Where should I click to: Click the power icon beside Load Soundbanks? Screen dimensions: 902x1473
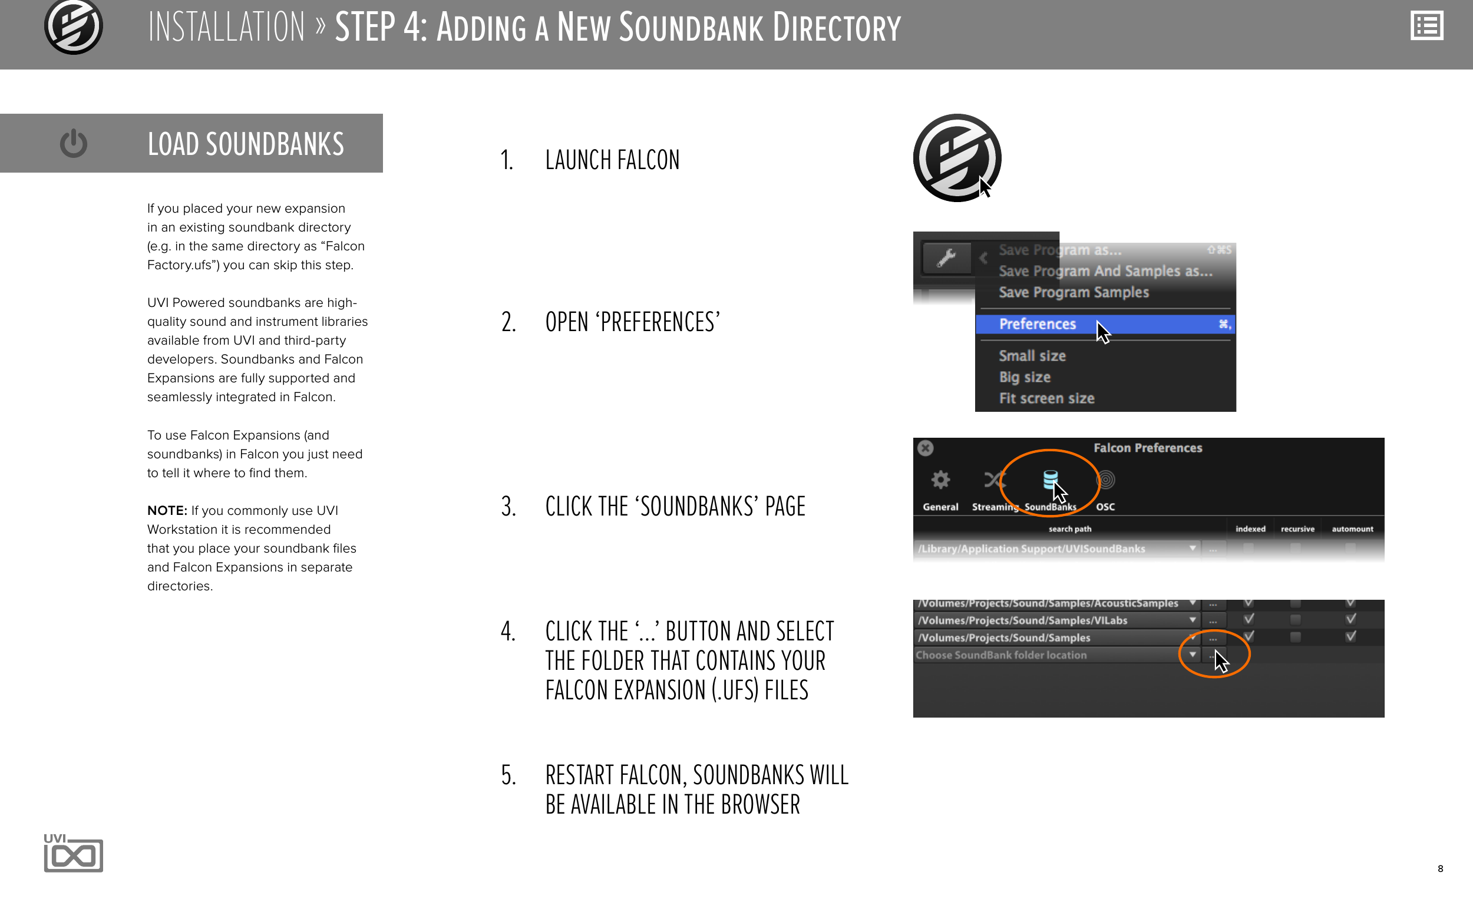(x=74, y=143)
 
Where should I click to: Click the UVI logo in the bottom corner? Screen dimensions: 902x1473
(x=74, y=853)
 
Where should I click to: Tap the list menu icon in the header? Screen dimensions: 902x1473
(x=1426, y=27)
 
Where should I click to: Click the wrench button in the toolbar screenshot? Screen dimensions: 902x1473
(x=946, y=257)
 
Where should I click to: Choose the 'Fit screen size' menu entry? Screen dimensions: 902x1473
(x=1046, y=398)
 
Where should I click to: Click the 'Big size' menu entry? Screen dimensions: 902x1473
(x=1025, y=377)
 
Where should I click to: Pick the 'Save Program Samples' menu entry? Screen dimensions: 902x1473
(x=1074, y=292)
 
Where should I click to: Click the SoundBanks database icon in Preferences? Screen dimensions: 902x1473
(x=1051, y=480)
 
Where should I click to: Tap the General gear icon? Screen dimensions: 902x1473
(x=940, y=480)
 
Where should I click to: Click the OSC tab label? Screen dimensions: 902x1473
(x=1105, y=507)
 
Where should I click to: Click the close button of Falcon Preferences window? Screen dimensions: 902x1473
(x=926, y=448)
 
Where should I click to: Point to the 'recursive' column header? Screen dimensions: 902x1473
(x=1297, y=529)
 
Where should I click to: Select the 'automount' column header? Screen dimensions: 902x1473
(x=1352, y=529)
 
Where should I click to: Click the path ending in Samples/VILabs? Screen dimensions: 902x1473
(x=1022, y=620)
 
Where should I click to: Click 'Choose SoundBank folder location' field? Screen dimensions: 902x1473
(x=1000, y=655)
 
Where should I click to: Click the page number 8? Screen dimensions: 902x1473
(x=1440, y=868)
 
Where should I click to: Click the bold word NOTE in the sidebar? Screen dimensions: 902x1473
(x=167, y=510)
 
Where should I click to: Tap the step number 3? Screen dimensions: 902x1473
(x=508, y=506)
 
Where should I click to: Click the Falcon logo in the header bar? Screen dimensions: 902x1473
(x=74, y=27)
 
